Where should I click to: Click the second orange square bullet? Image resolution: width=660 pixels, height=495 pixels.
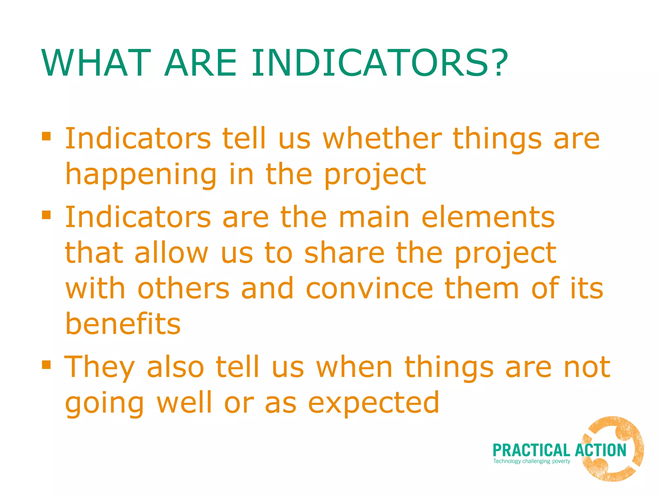[46, 214]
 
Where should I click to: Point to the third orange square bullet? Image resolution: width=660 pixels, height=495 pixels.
[46, 364]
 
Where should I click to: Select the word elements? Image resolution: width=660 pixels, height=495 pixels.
[488, 218]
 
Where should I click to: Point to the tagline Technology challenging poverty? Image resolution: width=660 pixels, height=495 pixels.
[531, 461]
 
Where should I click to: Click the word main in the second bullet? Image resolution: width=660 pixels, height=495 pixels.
[374, 218]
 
